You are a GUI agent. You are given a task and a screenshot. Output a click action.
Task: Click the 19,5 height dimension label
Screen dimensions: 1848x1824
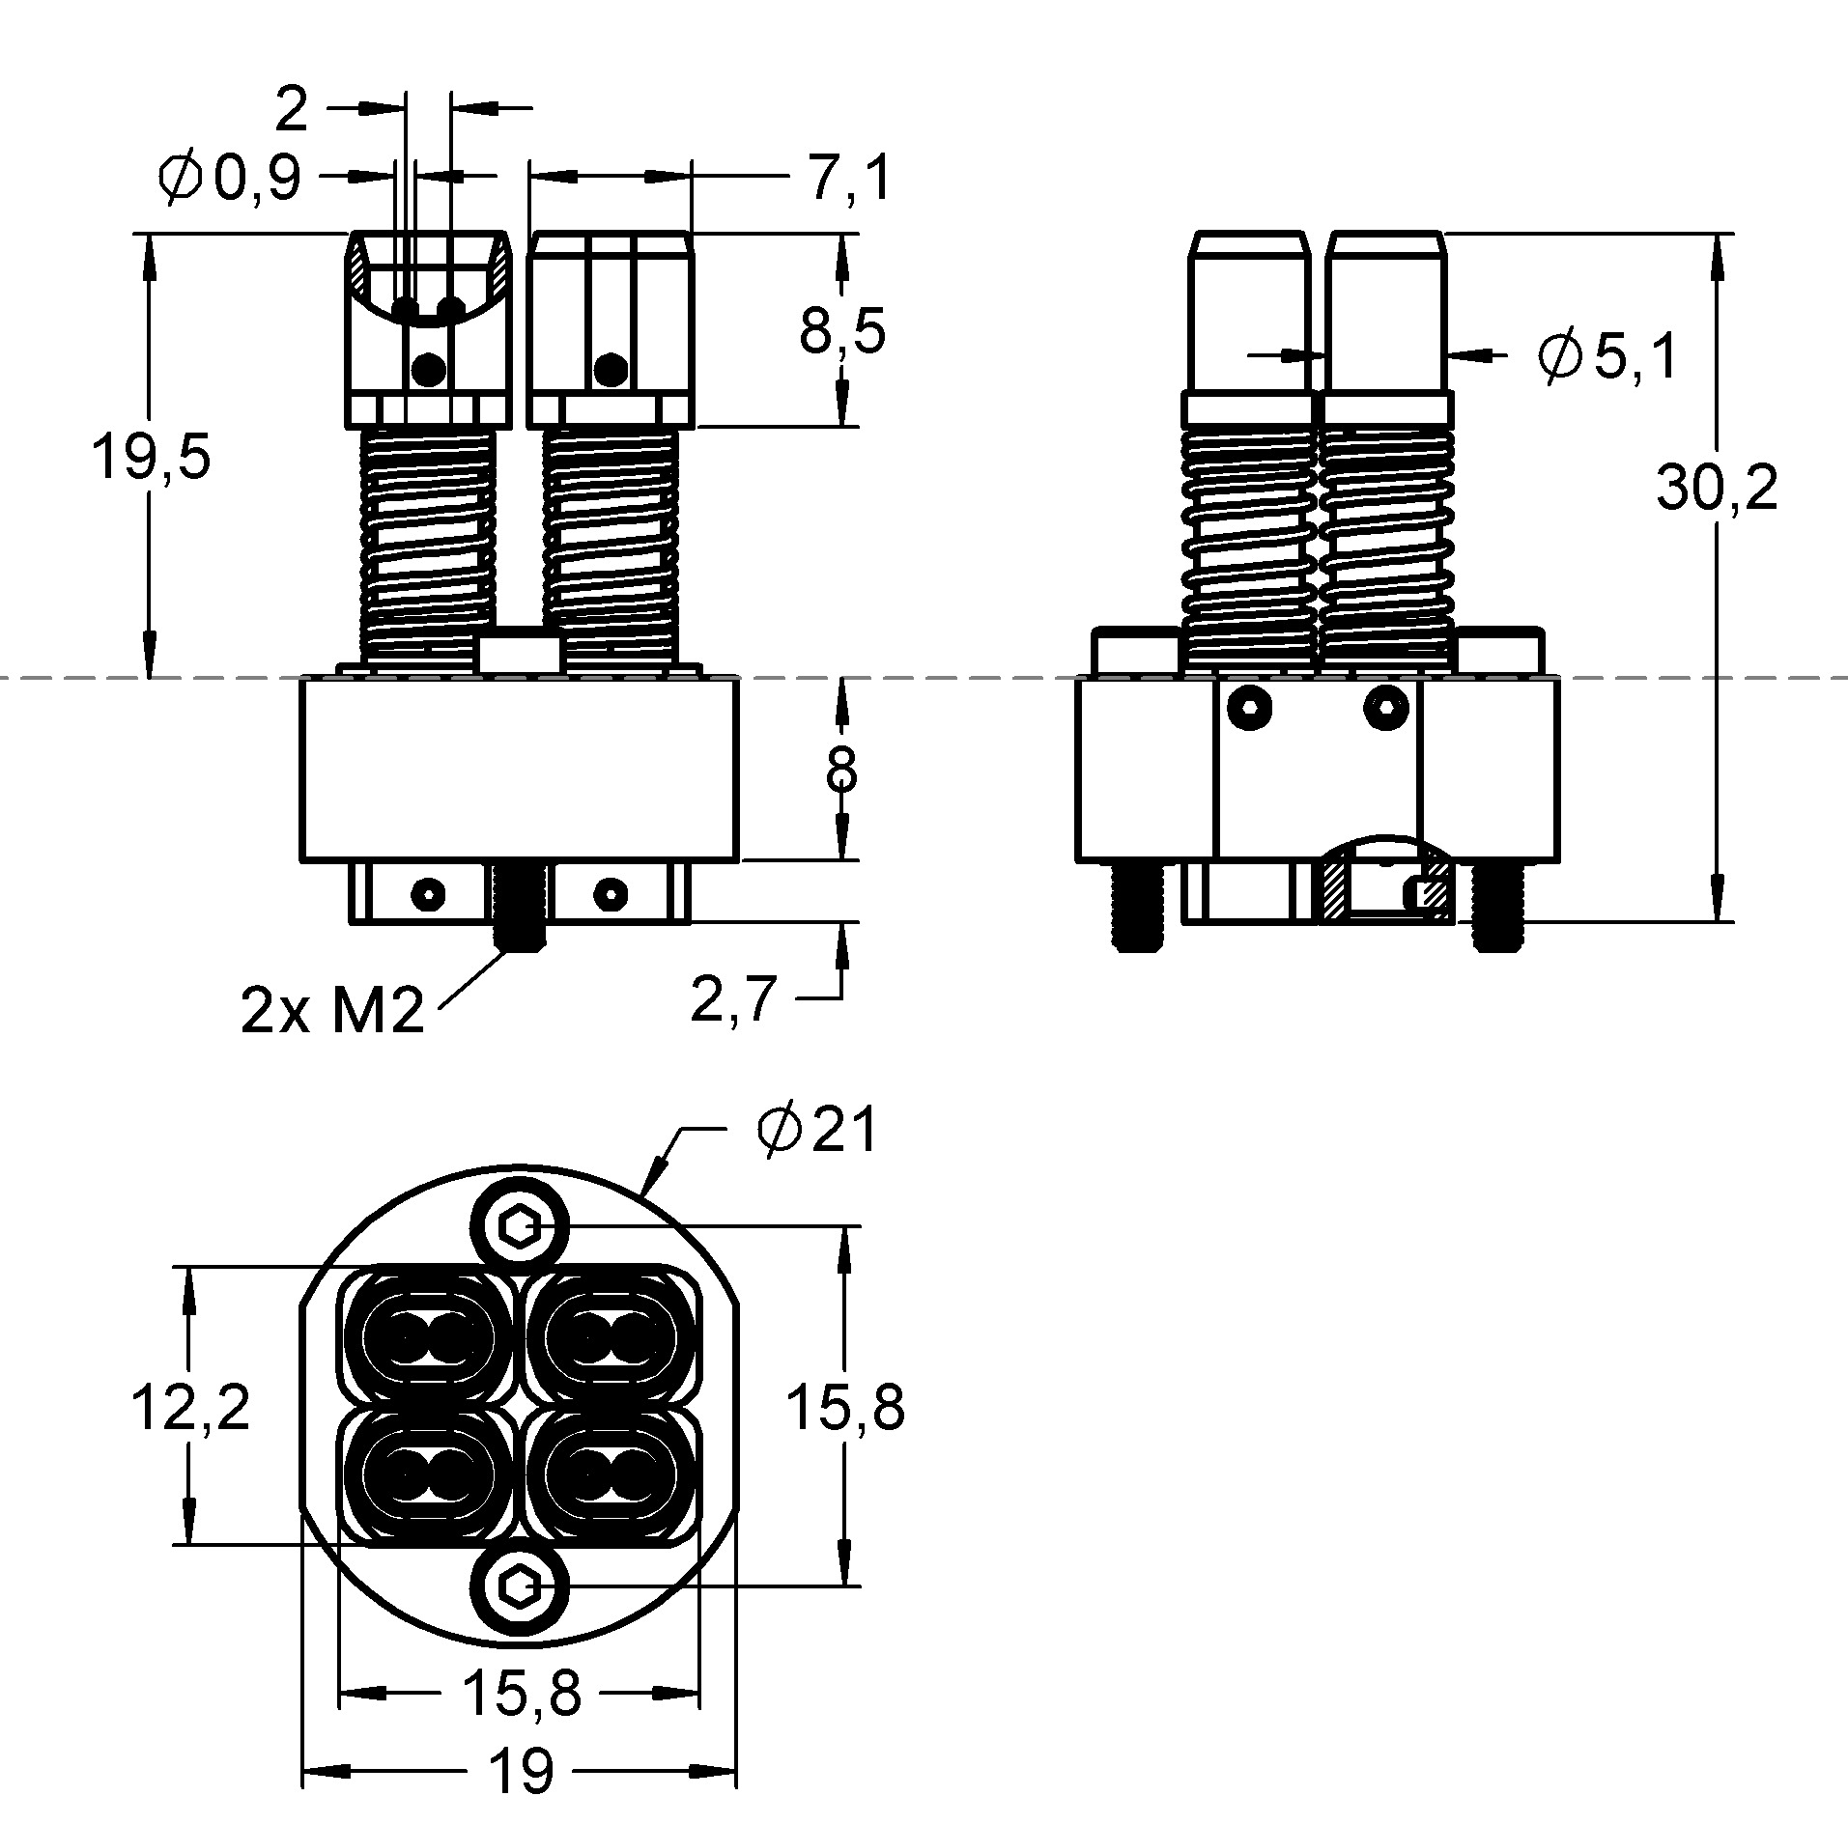150,457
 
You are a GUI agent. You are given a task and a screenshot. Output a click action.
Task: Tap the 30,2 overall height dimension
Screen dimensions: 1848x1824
1717,488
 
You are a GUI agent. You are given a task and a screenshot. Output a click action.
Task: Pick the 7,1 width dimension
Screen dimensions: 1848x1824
848,179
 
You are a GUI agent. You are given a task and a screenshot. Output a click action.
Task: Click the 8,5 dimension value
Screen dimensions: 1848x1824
842,332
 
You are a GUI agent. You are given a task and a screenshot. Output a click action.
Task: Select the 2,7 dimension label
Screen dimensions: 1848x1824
734,998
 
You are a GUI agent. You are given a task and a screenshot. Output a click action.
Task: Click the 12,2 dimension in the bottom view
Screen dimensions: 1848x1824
190,1406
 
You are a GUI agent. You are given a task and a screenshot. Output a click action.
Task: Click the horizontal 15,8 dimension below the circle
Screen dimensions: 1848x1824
522,1693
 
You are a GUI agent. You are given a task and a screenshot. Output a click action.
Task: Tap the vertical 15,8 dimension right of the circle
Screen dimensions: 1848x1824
845,1406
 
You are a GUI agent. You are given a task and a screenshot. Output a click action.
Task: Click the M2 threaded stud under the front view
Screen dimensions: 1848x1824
520,906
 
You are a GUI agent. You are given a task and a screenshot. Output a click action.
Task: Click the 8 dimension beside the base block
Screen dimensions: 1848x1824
842,770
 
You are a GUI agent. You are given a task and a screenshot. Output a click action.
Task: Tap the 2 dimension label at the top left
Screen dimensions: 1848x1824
291,109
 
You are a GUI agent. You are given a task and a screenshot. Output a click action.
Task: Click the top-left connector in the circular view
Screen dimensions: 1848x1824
425,1338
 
